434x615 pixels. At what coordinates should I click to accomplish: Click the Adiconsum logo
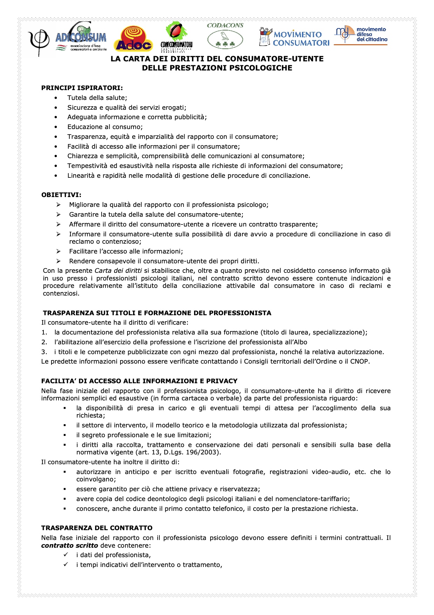click(81, 38)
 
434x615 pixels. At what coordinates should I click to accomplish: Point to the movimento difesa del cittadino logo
click(361, 35)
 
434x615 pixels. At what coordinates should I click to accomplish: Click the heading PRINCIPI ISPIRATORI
click(82, 88)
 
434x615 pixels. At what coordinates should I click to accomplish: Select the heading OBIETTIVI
click(61, 195)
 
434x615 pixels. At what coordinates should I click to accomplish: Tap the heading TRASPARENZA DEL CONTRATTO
click(97, 528)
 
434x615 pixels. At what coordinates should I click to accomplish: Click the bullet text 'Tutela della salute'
click(97, 98)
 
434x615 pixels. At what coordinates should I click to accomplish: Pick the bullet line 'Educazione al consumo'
click(105, 127)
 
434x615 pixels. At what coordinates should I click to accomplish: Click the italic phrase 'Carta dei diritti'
click(118, 271)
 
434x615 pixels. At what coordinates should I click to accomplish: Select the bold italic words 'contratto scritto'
click(69, 546)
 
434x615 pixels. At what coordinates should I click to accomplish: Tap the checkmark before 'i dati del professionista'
click(66, 555)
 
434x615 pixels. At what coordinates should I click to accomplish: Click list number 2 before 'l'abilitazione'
click(44, 342)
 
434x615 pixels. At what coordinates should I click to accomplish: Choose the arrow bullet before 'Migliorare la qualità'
click(58, 205)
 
